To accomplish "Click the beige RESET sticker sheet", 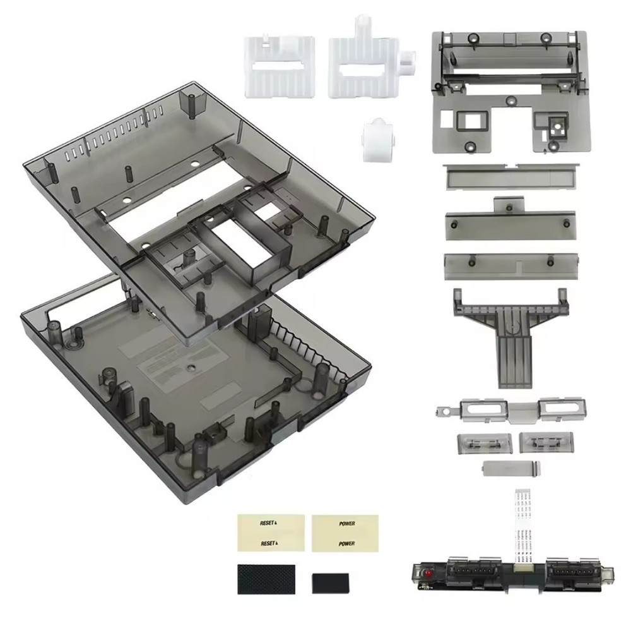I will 271,533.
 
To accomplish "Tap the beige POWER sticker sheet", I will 345,533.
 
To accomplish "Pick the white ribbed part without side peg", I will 279,65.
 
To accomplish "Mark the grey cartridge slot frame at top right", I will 510,92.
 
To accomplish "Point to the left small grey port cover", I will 483,442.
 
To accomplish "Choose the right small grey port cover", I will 546,442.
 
